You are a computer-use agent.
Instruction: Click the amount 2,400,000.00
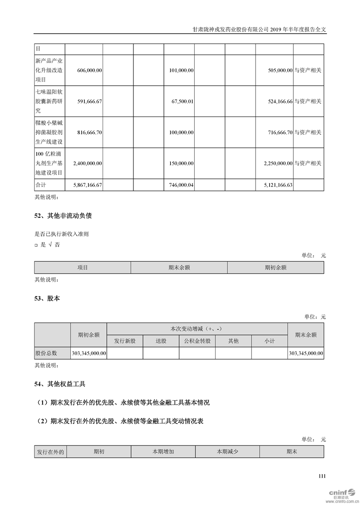(x=87, y=163)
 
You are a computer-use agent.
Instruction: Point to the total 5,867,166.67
(x=87, y=185)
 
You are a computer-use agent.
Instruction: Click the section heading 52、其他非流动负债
(x=63, y=216)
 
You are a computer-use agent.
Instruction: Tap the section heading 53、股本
(x=47, y=299)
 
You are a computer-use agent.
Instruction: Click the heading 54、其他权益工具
(x=60, y=384)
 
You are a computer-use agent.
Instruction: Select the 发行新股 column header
(x=125, y=341)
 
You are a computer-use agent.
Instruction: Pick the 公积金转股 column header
(x=197, y=341)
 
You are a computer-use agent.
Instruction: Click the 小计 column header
(x=269, y=341)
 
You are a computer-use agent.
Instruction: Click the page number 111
(x=322, y=476)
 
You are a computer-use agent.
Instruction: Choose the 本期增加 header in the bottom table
(x=163, y=452)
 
